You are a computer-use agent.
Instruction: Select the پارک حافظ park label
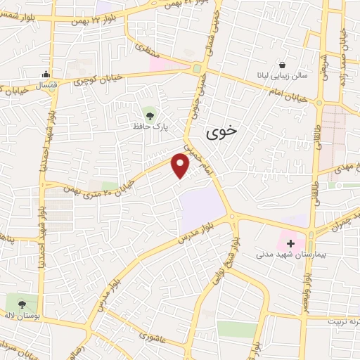(148, 127)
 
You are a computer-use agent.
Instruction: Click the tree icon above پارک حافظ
(148, 113)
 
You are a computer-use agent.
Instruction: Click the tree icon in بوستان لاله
(22, 304)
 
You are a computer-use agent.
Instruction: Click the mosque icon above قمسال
(46, 74)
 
